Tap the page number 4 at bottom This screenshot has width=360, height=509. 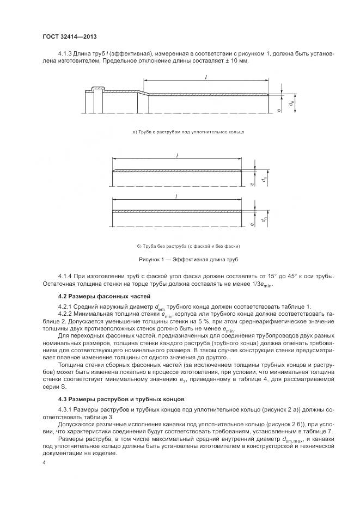click(44, 462)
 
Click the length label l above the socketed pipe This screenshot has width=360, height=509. click(206, 77)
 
